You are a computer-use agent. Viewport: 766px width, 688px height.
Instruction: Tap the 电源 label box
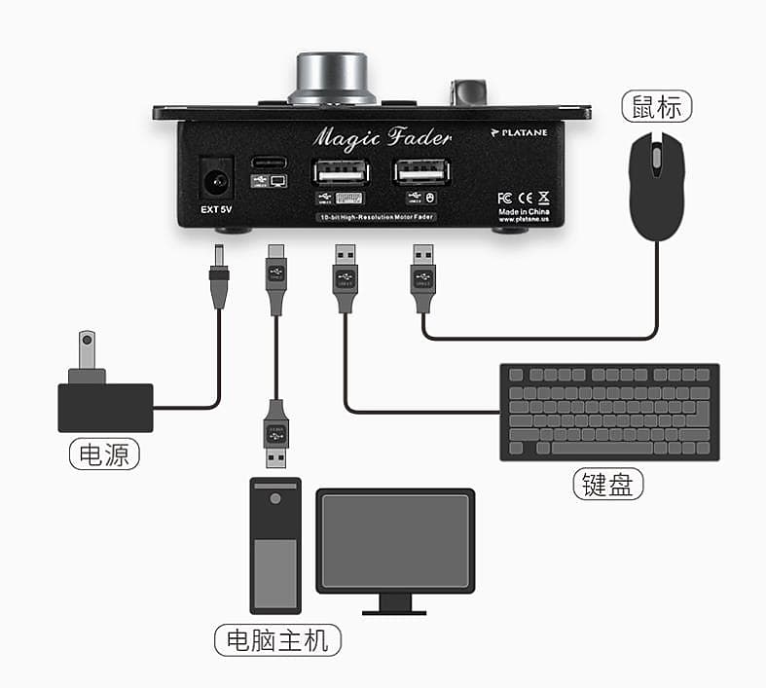[104, 453]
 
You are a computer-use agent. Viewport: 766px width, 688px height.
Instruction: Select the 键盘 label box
[608, 484]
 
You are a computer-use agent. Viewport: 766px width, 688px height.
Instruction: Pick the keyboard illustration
[609, 412]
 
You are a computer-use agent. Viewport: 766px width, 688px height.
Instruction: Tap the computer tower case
[275, 545]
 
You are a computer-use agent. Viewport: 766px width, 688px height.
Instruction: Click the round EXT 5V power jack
[215, 180]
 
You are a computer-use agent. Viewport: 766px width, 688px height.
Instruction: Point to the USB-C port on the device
[269, 163]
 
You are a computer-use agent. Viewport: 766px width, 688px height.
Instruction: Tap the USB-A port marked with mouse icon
[422, 171]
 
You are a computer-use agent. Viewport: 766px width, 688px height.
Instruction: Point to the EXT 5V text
[216, 207]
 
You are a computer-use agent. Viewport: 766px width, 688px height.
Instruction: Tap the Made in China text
[524, 211]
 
